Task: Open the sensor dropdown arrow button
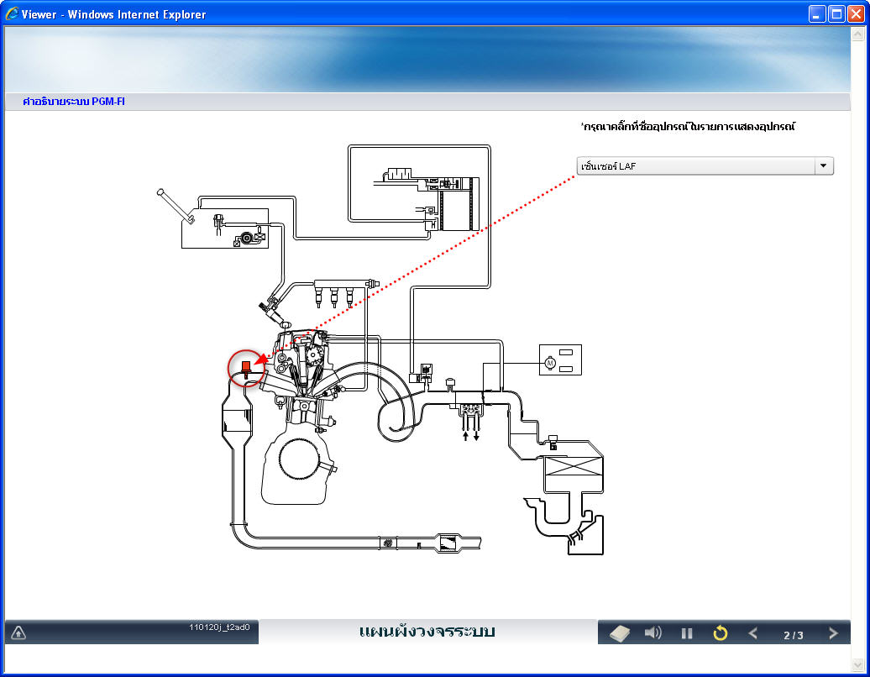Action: (823, 166)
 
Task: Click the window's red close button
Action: (856, 14)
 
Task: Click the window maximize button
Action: (836, 14)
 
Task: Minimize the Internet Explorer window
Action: (817, 14)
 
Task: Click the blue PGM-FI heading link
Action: (74, 102)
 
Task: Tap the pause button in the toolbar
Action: (687, 633)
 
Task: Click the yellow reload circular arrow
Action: (721, 632)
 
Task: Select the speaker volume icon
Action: (653, 632)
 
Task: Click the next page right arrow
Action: (833, 633)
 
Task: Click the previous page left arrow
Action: (753, 633)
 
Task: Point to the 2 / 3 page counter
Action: (794, 635)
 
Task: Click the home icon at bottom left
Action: (18, 632)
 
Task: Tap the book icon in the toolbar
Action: (620, 633)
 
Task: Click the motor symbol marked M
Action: (550, 363)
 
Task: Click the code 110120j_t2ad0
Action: (219, 627)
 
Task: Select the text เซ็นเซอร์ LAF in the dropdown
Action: (608, 166)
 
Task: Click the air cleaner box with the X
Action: (574, 467)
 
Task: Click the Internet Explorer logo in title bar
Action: (12, 13)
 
